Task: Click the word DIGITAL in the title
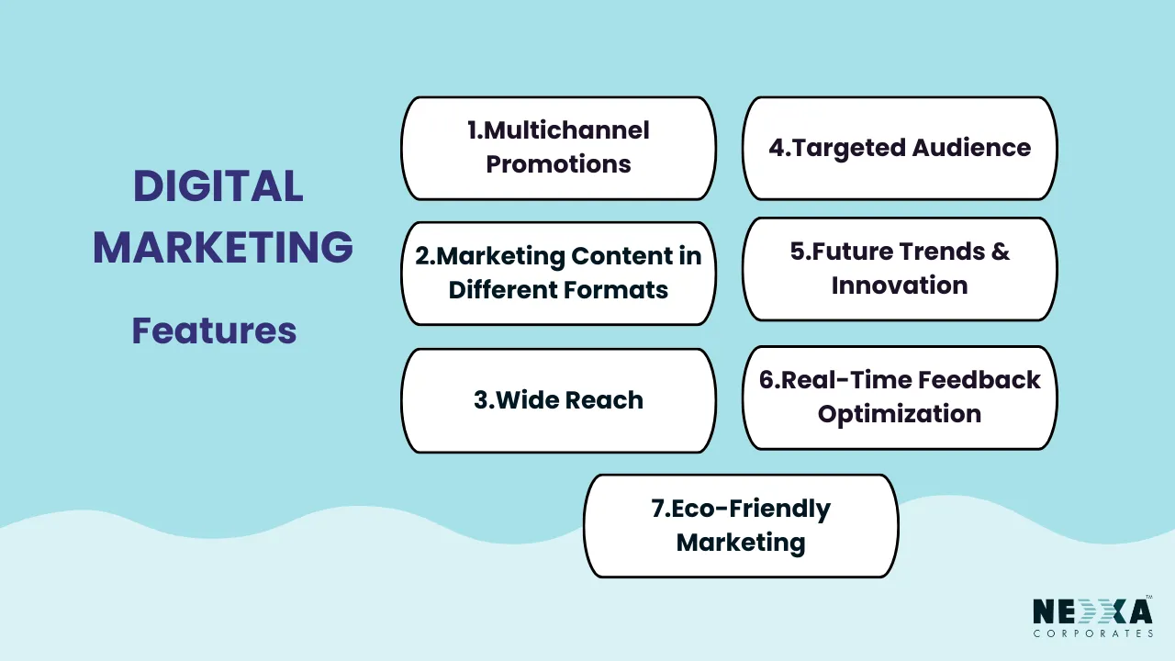pos(218,187)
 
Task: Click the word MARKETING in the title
pos(223,248)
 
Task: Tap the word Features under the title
pos(214,330)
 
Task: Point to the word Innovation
pos(900,286)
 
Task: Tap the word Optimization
pos(900,414)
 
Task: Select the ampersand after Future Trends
pos(1000,252)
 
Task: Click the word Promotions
pos(558,164)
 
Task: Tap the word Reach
pos(604,400)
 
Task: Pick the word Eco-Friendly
pos(741,509)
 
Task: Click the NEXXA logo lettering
pos(1092,611)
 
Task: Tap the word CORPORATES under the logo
pos(1092,633)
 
